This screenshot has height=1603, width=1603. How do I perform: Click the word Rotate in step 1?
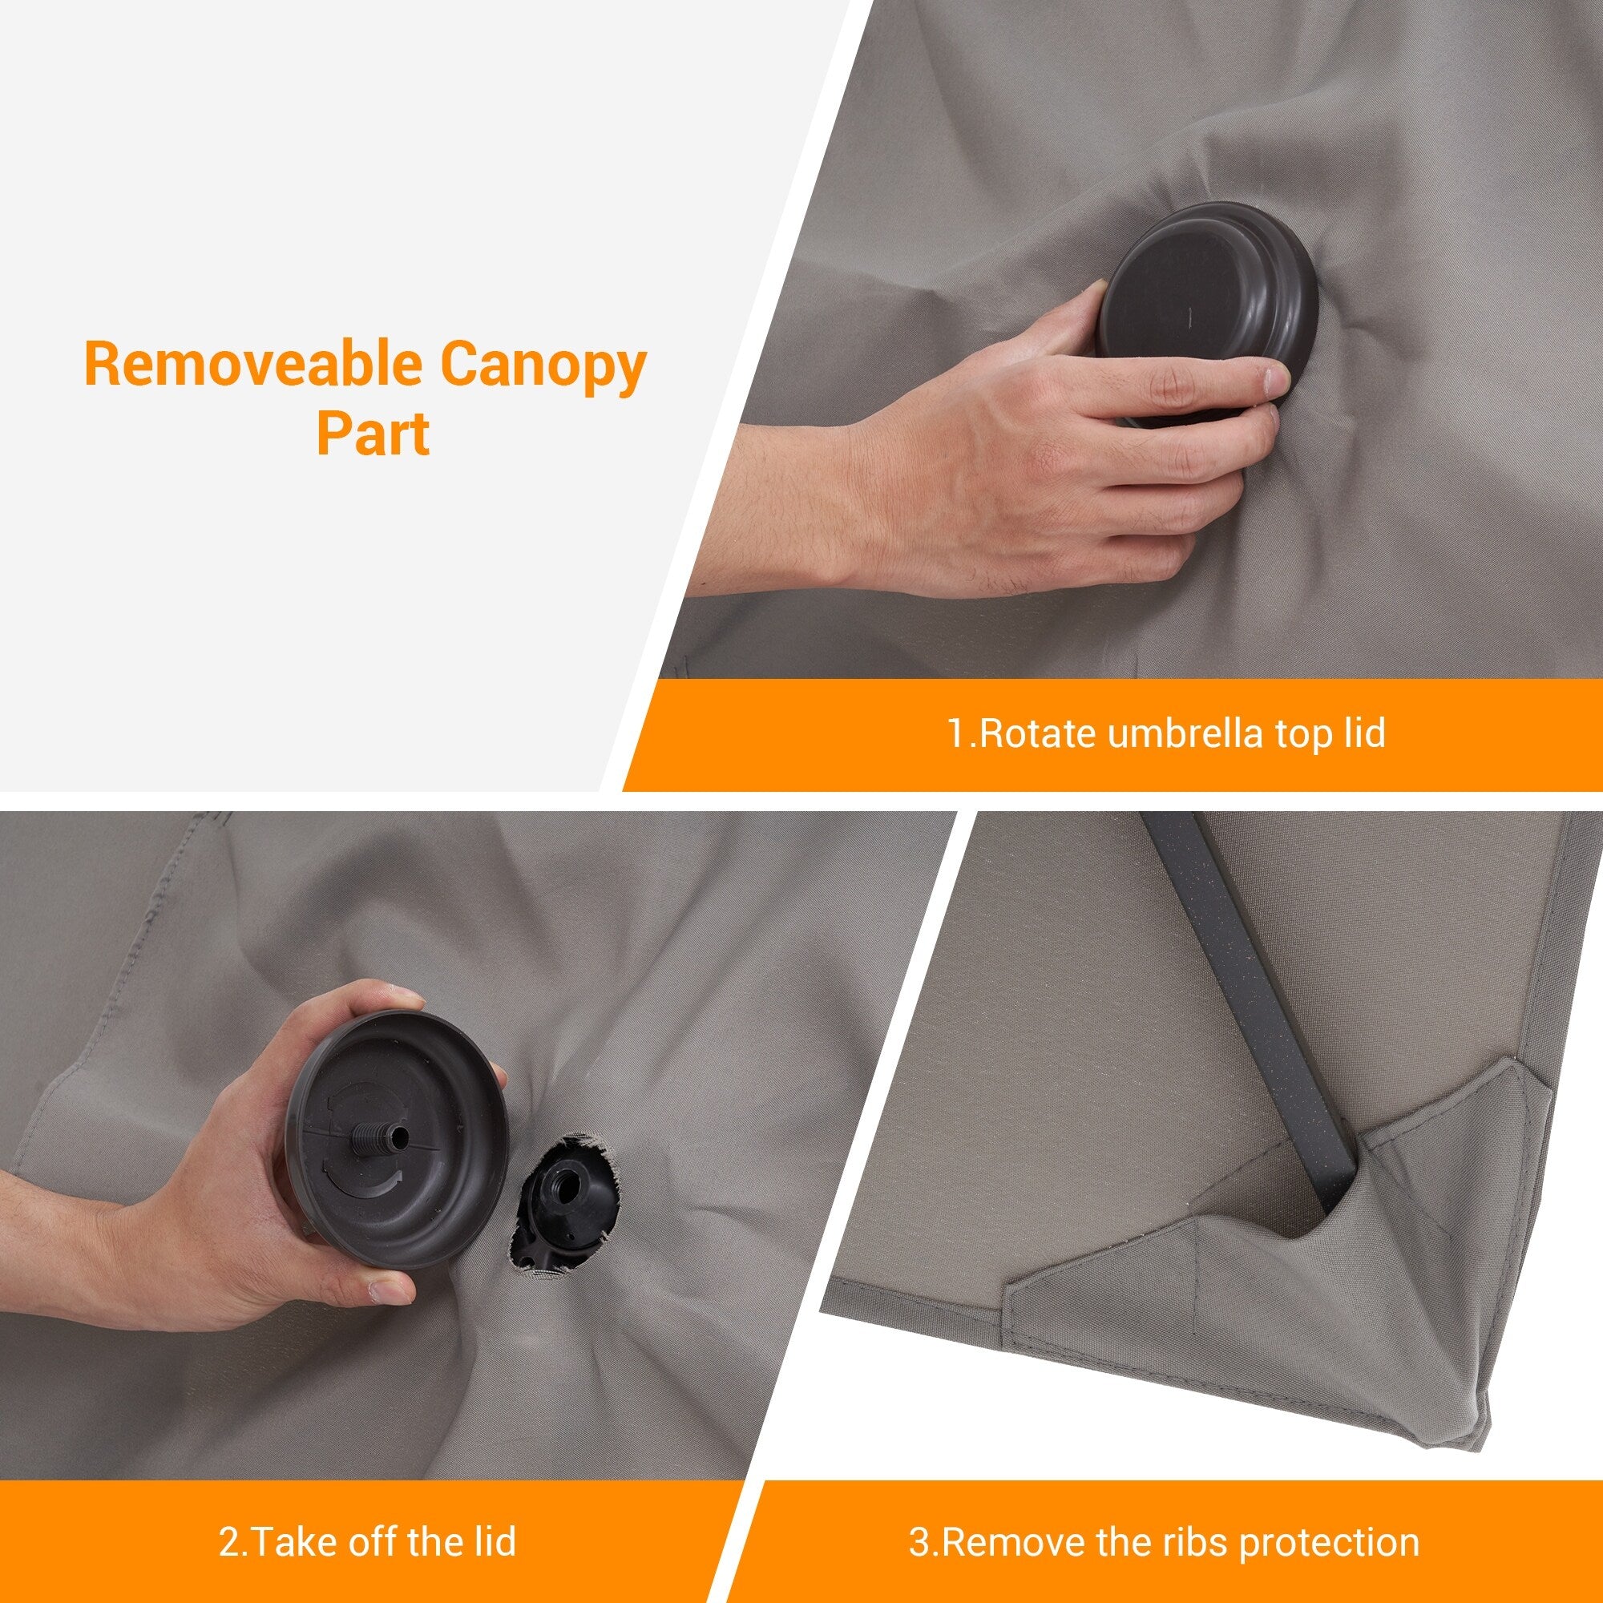pyautogui.click(x=1028, y=733)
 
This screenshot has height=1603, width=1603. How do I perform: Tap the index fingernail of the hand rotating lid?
pyautogui.click(x=1274, y=379)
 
